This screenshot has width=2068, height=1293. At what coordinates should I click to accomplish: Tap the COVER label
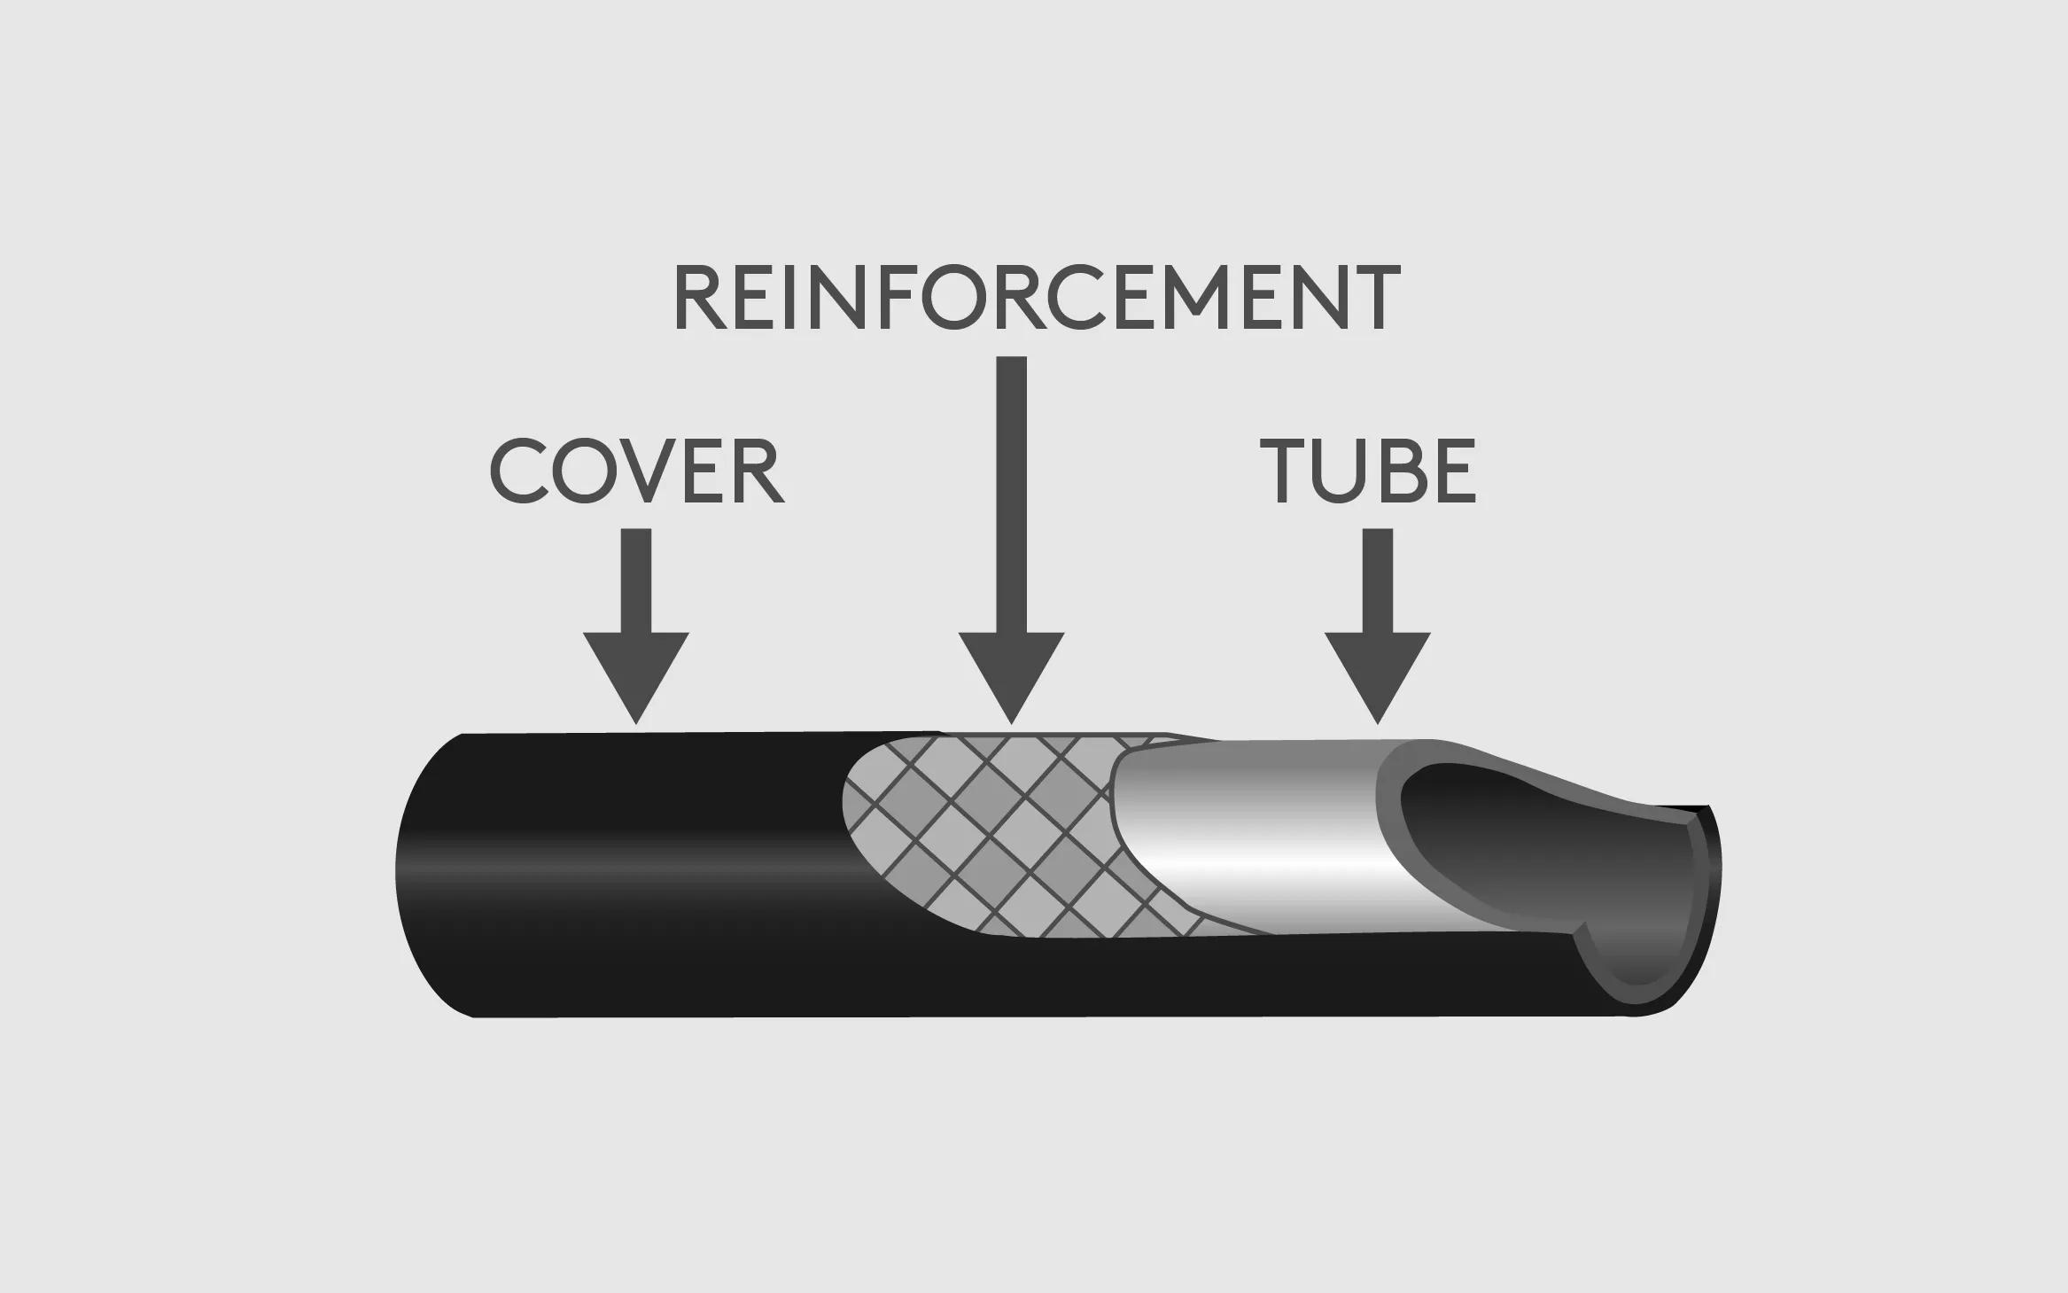636,471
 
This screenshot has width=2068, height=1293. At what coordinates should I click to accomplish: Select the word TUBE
1368,471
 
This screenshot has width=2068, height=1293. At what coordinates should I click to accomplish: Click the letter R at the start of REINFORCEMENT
701,298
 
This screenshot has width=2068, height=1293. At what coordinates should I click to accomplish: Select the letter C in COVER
517,471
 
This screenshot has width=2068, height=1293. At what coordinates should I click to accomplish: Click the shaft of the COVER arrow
636,580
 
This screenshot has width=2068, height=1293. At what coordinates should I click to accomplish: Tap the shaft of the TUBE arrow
1377,580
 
